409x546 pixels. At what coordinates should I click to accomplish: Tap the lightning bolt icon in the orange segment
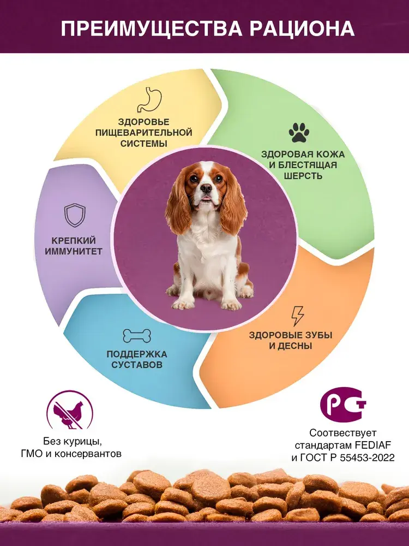pyautogui.click(x=298, y=316)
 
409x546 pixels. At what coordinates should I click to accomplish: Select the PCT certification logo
pyautogui.click(x=343, y=406)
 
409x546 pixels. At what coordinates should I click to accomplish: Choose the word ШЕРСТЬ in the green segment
pyautogui.click(x=303, y=176)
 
